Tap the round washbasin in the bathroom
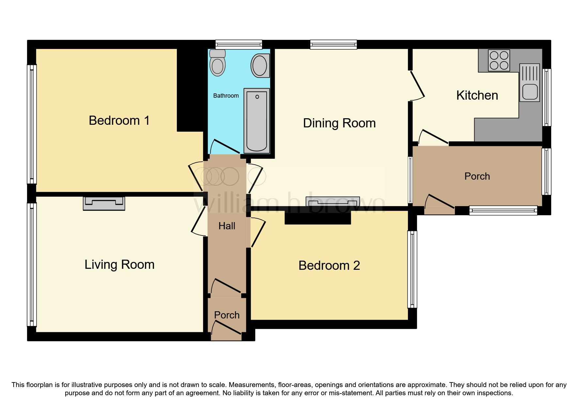pyautogui.click(x=260, y=66)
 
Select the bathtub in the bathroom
pyautogui.click(x=257, y=121)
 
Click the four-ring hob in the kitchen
pyautogui.click(x=499, y=60)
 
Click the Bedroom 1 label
pyautogui.click(x=119, y=121)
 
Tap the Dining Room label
pyautogui.click(x=339, y=123)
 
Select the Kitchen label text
pyautogui.click(x=477, y=95)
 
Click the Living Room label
pyautogui.click(x=119, y=265)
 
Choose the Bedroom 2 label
pyautogui.click(x=329, y=266)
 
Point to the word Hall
pyautogui.click(x=227, y=226)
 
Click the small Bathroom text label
pyautogui.click(x=226, y=96)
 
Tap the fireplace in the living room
pyautogui.click(x=104, y=203)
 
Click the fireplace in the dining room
pyautogui.click(x=333, y=202)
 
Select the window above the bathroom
pyautogui.click(x=239, y=44)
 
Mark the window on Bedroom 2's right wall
pyautogui.click(x=413, y=269)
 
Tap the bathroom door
pyautogui.click(x=226, y=147)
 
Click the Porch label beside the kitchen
pyautogui.click(x=477, y=176)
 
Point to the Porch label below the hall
pyautogui.click(x=227, y=315)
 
